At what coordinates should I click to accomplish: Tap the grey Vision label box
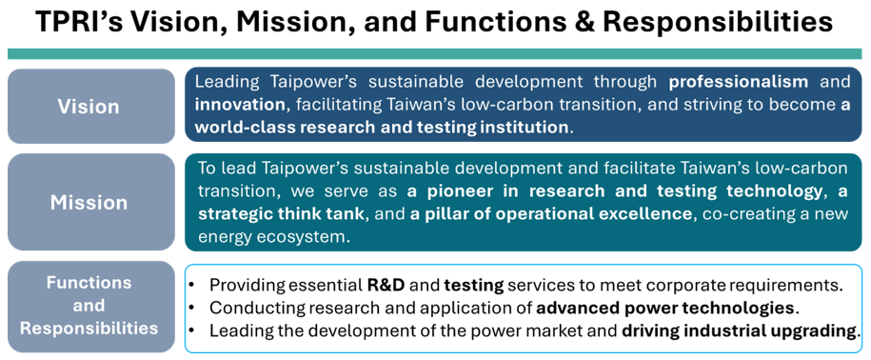[x=89, y=106]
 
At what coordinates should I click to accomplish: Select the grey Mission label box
[x=89, y=202]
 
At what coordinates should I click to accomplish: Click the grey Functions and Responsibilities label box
[x=89, y=306]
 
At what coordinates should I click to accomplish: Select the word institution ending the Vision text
[x=521, y=126]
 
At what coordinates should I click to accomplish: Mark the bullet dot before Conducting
[x=195, y=308]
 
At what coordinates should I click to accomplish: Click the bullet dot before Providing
[x=195, y=285]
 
